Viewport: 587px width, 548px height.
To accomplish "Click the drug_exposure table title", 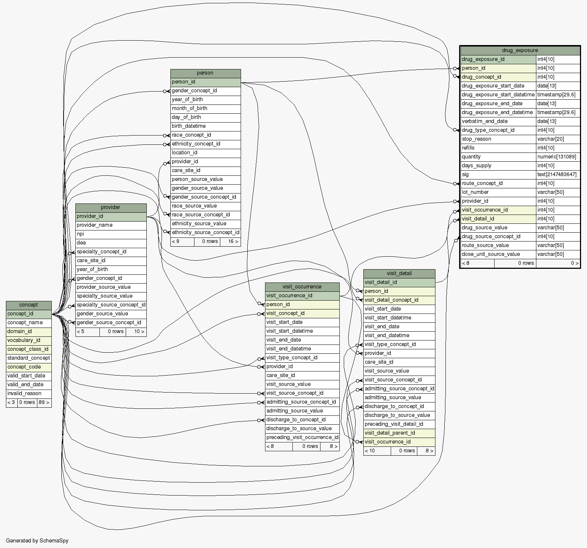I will click(x=520, y=50).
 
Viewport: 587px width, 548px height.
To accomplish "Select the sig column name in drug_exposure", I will click(x=465, y=174).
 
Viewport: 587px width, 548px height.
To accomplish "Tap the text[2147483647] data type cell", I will click(x=557, y=174).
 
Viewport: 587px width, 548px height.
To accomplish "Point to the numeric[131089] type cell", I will click(x=557, y=157).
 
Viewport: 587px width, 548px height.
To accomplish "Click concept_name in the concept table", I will click(x=25, y=322).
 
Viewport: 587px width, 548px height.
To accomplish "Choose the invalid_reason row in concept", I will click(x=24, y=393).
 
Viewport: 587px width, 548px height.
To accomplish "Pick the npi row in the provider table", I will click(x=81, y=234).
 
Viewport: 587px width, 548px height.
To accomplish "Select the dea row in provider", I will click(x=81, y=243).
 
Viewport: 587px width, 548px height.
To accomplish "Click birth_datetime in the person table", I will click(x=189, y=126).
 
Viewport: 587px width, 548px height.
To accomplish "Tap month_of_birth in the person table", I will click(x=189, y=108).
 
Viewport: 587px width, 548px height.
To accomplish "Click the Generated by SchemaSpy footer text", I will click(x=37, y=541).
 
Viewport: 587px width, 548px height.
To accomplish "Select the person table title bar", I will click(x=205, y=73).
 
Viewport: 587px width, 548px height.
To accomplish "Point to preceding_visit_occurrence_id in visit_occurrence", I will click(x=302, y=437).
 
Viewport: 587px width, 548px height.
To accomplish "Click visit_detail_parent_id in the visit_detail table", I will click(x=390, y=433).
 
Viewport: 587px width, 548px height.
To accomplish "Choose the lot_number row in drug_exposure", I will click(x=475, y=192).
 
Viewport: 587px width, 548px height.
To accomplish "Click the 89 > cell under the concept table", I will click(x=44, y=402).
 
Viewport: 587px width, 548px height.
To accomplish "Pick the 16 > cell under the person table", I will click(x=233, y=241).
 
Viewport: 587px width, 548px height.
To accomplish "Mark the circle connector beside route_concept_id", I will click(x=455, y=184).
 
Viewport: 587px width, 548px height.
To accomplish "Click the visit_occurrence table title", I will click(x=302, y=287).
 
